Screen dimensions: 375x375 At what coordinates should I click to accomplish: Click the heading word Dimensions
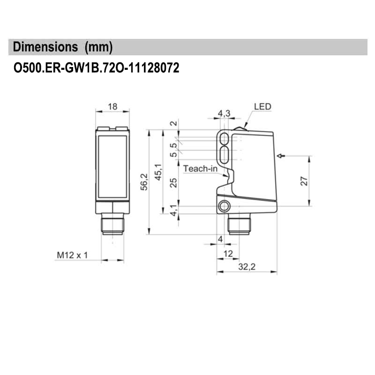(45, 47)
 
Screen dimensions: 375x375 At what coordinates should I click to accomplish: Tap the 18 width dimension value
(112, 106)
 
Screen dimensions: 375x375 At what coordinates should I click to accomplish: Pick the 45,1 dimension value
(159, 172)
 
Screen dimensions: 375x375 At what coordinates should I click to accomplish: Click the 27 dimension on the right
(303, 181)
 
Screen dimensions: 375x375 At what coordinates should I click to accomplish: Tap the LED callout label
(262, 106)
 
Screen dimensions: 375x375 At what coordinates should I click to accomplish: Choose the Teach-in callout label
(200, 168)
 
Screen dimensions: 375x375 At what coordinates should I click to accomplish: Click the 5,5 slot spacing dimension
(173, 150)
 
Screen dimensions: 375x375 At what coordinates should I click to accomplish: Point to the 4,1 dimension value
(173, 210)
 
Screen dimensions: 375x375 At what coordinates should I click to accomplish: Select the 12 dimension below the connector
(228, 254)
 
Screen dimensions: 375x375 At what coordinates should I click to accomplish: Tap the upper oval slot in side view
(225, 138)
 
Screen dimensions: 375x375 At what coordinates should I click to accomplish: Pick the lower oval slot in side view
(225, 153)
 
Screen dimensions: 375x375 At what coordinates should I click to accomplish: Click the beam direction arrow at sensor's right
(281, 156)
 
